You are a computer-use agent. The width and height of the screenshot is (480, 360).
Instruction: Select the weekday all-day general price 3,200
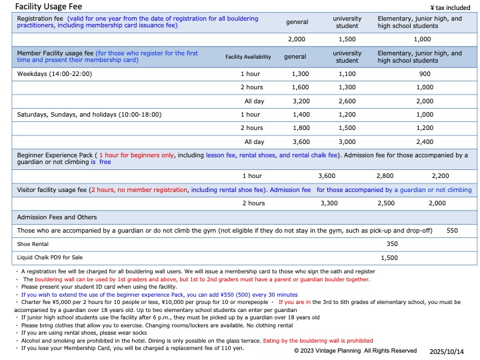coord(301,101)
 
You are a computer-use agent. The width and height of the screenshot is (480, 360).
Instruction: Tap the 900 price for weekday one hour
coord(425,74)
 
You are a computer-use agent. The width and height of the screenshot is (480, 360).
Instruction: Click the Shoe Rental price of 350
coord(392,243)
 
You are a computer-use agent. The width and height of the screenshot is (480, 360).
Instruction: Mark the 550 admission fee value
coord(452,230)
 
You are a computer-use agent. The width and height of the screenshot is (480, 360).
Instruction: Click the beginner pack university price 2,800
coord(385,175)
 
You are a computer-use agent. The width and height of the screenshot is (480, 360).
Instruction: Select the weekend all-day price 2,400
coord(425,141)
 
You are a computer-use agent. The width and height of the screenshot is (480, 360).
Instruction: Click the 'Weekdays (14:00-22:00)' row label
coord(54,74)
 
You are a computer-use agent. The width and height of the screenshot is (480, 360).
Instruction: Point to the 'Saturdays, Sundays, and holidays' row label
coord(89,115)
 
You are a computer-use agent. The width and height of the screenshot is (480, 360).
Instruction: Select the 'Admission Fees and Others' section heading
coord(57,217)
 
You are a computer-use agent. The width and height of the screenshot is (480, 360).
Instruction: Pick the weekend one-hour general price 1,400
coord(301,115)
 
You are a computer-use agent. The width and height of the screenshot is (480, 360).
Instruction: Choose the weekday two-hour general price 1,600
coord(301,87)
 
